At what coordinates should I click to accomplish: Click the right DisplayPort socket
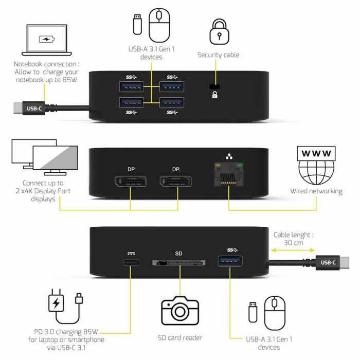pos(175,183)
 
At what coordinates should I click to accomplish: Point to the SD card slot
pos(179,263)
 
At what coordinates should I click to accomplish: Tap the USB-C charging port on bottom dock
pos(130,262)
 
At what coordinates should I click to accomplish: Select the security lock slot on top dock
pos(213,86)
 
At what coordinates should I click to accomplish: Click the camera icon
pos(180,310)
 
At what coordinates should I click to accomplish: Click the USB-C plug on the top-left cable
pos(34,109)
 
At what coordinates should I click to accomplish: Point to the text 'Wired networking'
pos(316,191)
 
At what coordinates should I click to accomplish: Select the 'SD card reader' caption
pos(180,338)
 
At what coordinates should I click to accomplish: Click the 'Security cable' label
pos(219,55)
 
